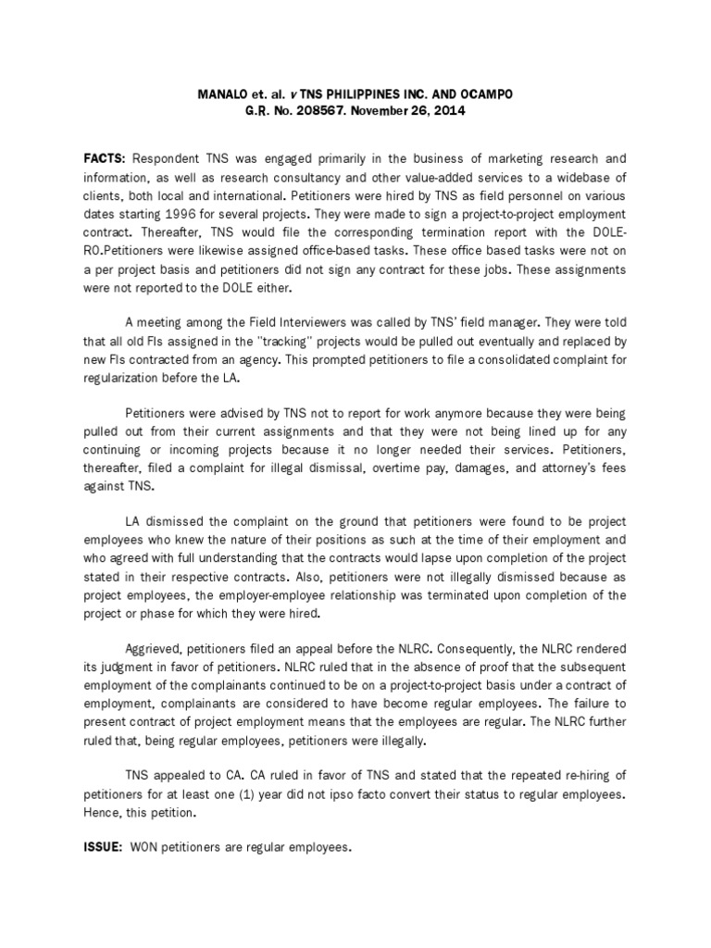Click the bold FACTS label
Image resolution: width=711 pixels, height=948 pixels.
pos(106,158)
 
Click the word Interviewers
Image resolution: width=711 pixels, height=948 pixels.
pos(306,321)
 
